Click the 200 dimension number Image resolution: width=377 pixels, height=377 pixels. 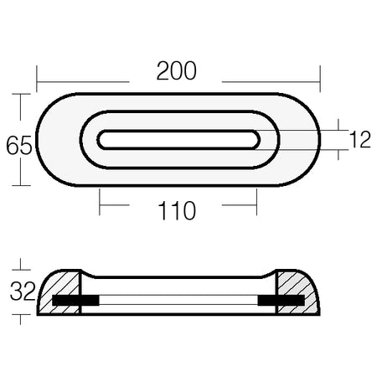[177, 71]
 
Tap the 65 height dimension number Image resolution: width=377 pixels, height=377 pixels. [19, 146]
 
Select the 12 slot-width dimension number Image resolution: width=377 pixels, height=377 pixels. [360, 139]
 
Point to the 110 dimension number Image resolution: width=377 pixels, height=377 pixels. [177, 210]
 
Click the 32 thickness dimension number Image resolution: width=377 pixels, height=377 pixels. [23, 292]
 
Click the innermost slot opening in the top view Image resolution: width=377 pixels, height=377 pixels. [178, 140]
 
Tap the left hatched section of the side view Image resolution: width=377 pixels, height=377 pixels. [59, 292]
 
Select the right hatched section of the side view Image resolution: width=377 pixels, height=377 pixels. [297, 292]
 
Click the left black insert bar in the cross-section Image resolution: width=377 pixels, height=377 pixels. [75, 300]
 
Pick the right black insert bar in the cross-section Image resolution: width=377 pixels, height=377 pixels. [281, 300]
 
